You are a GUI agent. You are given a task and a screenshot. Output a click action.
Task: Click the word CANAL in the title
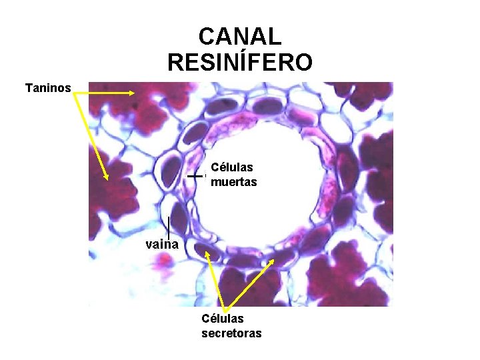click(x=240, y=36)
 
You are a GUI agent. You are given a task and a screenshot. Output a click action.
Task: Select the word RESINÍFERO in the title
click(x=240, y=63)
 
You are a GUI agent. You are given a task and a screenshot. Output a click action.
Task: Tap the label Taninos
click(x=48, y=87)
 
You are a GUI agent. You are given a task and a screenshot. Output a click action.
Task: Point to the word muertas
click(x=233, y=182)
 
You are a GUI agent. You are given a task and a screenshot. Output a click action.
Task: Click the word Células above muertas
click(x=231, y=168)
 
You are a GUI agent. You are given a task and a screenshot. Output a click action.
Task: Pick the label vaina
click(x=163, y=244)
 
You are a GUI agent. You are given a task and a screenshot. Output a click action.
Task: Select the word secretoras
click(x=231, y=333)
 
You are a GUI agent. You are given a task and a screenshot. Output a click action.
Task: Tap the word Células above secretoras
click(x=223, y=319)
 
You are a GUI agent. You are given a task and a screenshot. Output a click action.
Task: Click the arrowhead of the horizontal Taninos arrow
click(x=134, y=93)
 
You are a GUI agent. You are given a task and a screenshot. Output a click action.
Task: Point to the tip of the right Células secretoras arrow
click(x=273, y=261)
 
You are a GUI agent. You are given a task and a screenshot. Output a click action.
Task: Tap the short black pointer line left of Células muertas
click(x=195, y=176)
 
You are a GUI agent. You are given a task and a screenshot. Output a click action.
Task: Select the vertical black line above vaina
click(x=169, y=226)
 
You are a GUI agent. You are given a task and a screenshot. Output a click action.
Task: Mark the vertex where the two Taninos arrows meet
click(x=75, y=94)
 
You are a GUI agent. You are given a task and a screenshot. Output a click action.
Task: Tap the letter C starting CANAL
click(x=208, y=36)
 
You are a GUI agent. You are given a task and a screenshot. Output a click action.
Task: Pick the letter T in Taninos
click(x=28, y=87)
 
